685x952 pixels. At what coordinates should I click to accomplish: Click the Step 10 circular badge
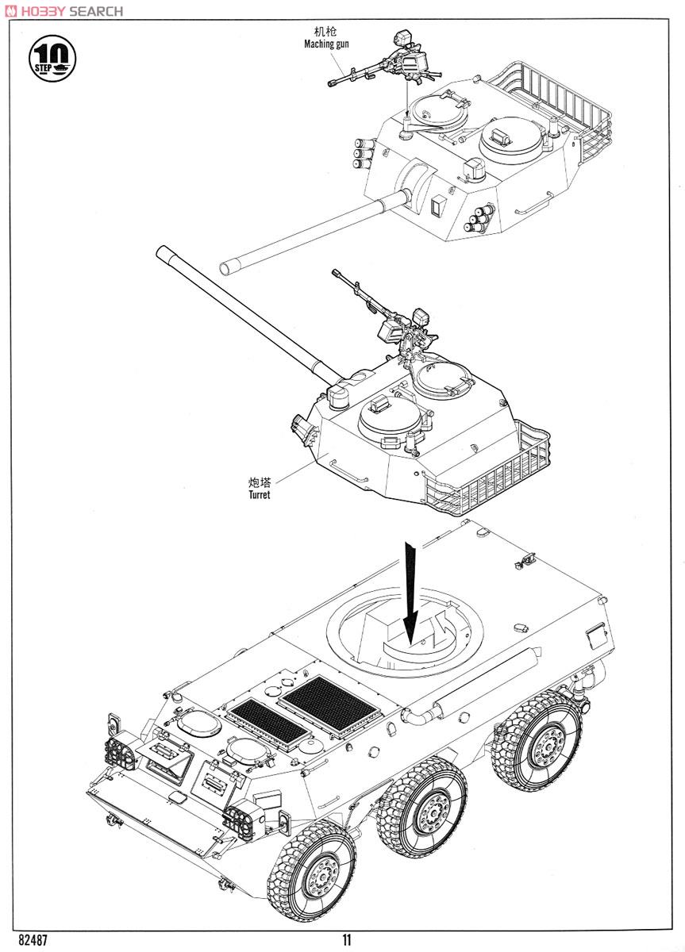click(55, 57)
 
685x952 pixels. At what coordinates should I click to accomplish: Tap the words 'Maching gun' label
click(326, 44)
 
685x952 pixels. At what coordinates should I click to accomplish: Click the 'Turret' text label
click(258, 494)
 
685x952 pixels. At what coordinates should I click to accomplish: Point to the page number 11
click(347, 940)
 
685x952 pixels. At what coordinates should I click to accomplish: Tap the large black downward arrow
click(410, 592)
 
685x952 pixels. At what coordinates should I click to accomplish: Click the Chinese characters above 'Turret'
click(260, 482)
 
